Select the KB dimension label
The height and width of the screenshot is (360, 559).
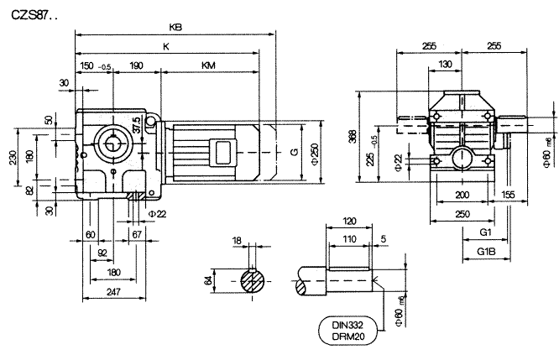coord(175,28)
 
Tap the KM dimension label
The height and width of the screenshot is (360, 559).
coord(206,65)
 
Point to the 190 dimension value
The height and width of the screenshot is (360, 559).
coord(136,65)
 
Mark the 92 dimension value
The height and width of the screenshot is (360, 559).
coord(102,253)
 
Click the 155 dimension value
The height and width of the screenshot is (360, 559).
coord(509,194)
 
